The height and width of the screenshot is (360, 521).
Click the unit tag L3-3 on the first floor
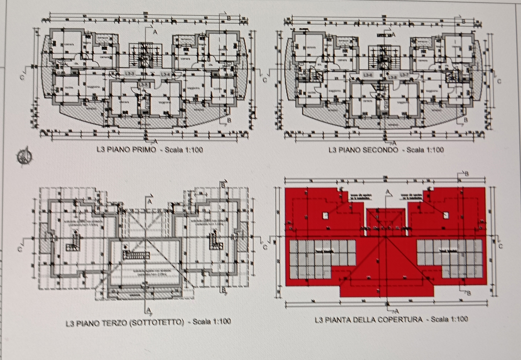tap(130, 74)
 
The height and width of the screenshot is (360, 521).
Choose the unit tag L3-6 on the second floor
tap(368, 75)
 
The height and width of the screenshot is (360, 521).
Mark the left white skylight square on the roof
tap(326, 215)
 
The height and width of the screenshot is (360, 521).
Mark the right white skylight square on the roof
tap(445, 215)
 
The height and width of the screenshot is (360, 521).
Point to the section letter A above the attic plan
tap(150, 201)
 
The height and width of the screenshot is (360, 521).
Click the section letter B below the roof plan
tap(469, 293)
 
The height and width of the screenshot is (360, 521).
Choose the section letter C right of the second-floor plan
tap(499, 81)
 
